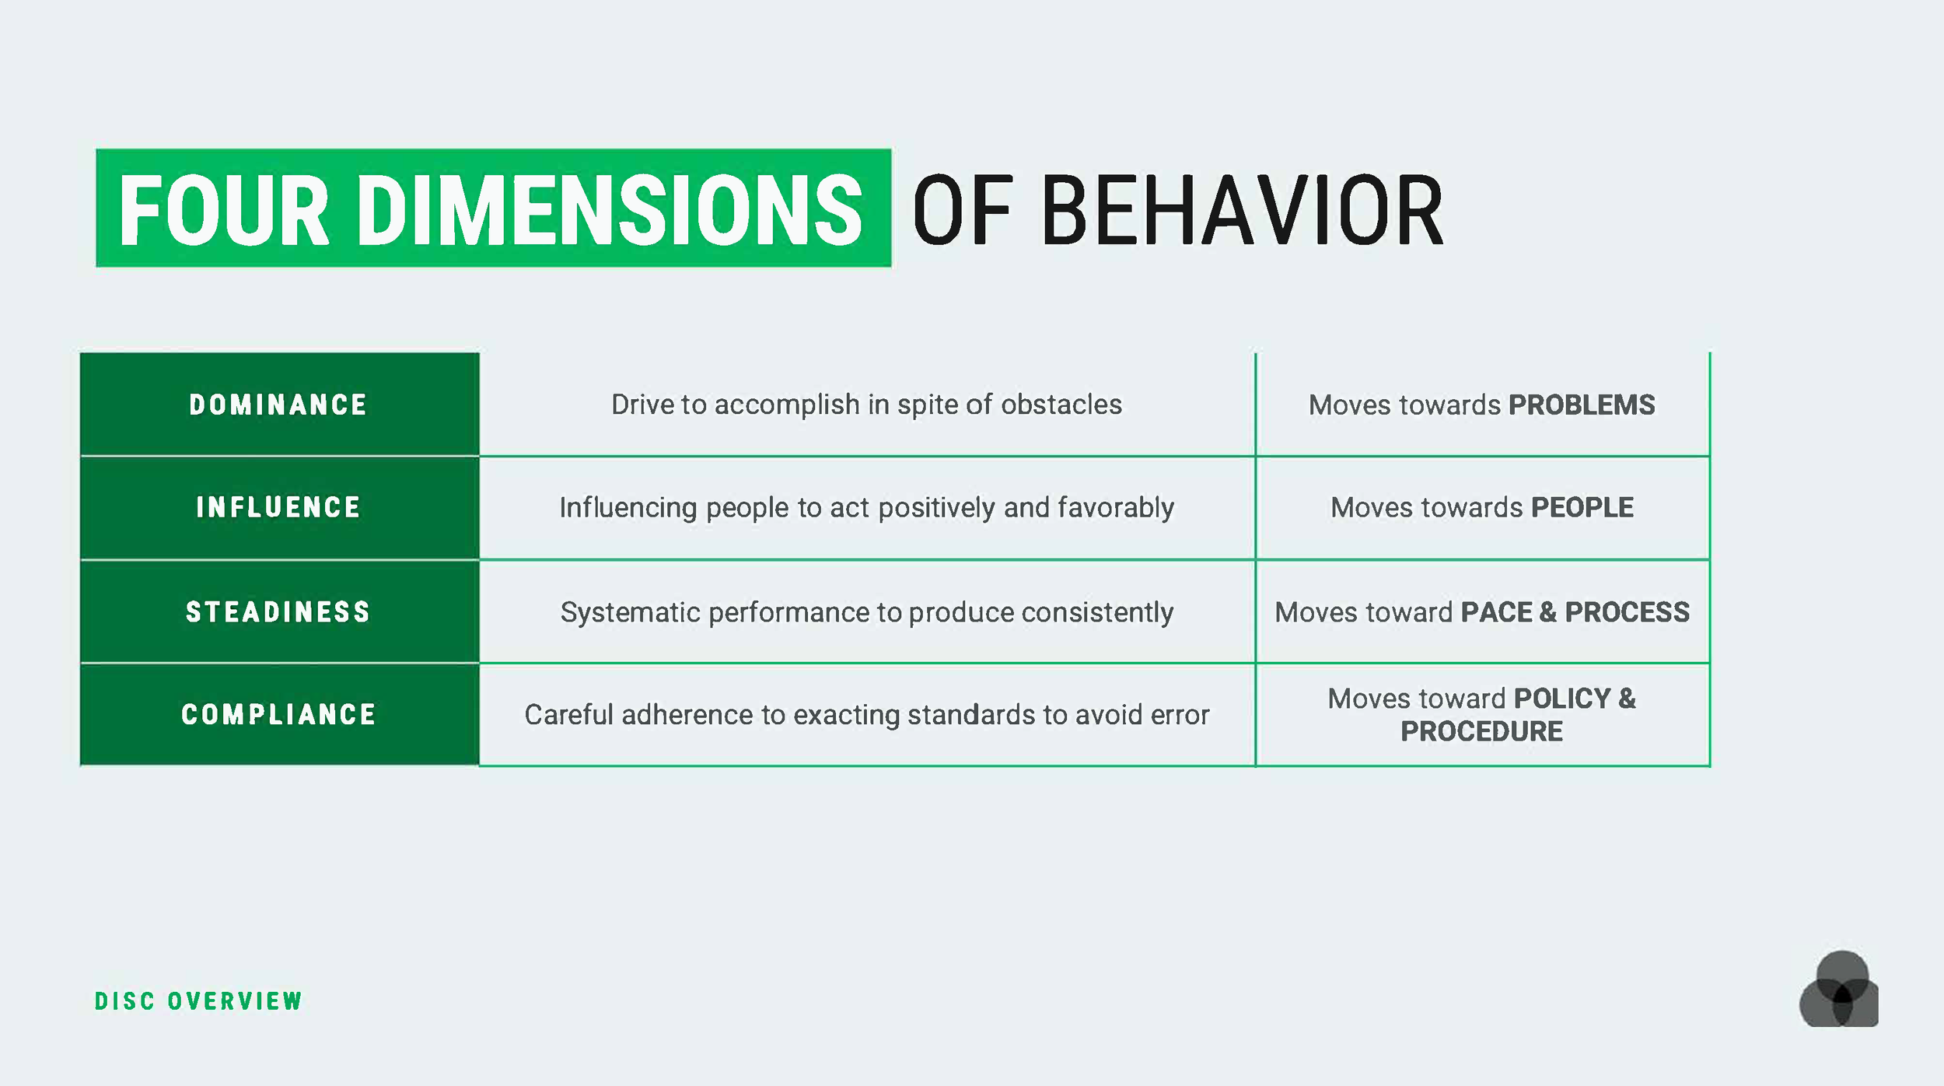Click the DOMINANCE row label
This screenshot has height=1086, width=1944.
(x=278, y=405)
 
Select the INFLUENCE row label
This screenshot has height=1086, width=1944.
(x=278, y=507)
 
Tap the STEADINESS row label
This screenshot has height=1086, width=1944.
(x=278, y=611)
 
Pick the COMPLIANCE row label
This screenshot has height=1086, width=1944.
(x=278, y=714)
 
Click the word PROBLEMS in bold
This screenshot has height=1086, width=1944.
(x=1582, y=405)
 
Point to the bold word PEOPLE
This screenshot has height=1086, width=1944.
(x=1582, y=507)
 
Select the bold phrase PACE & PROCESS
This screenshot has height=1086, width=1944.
(x=1575, y=611)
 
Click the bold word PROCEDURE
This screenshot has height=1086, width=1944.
(x=1481, y=731)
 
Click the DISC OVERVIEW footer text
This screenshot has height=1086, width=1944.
(x=198, y=1000)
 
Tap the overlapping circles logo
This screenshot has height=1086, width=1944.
(x=1838, y=991)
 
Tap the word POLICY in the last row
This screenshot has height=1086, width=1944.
(x=1561, y=698)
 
